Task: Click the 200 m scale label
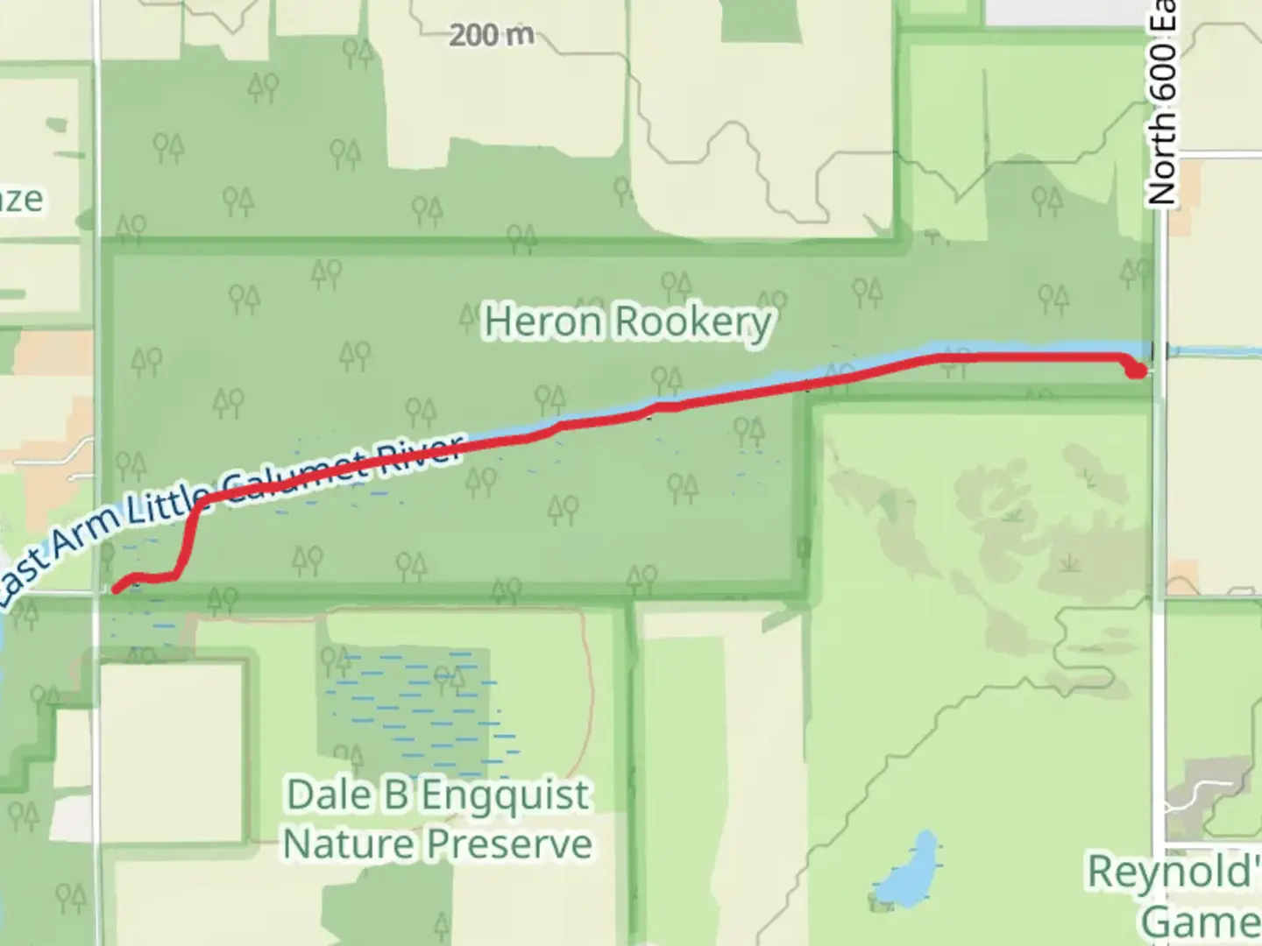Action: [492, 36]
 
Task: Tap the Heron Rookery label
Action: [627, 322]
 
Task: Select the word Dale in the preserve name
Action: [323, 795]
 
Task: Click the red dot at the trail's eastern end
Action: [1136, 371]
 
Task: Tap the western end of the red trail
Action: [117, 589]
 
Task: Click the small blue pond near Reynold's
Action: [907, 872]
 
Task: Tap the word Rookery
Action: [692, 322]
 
